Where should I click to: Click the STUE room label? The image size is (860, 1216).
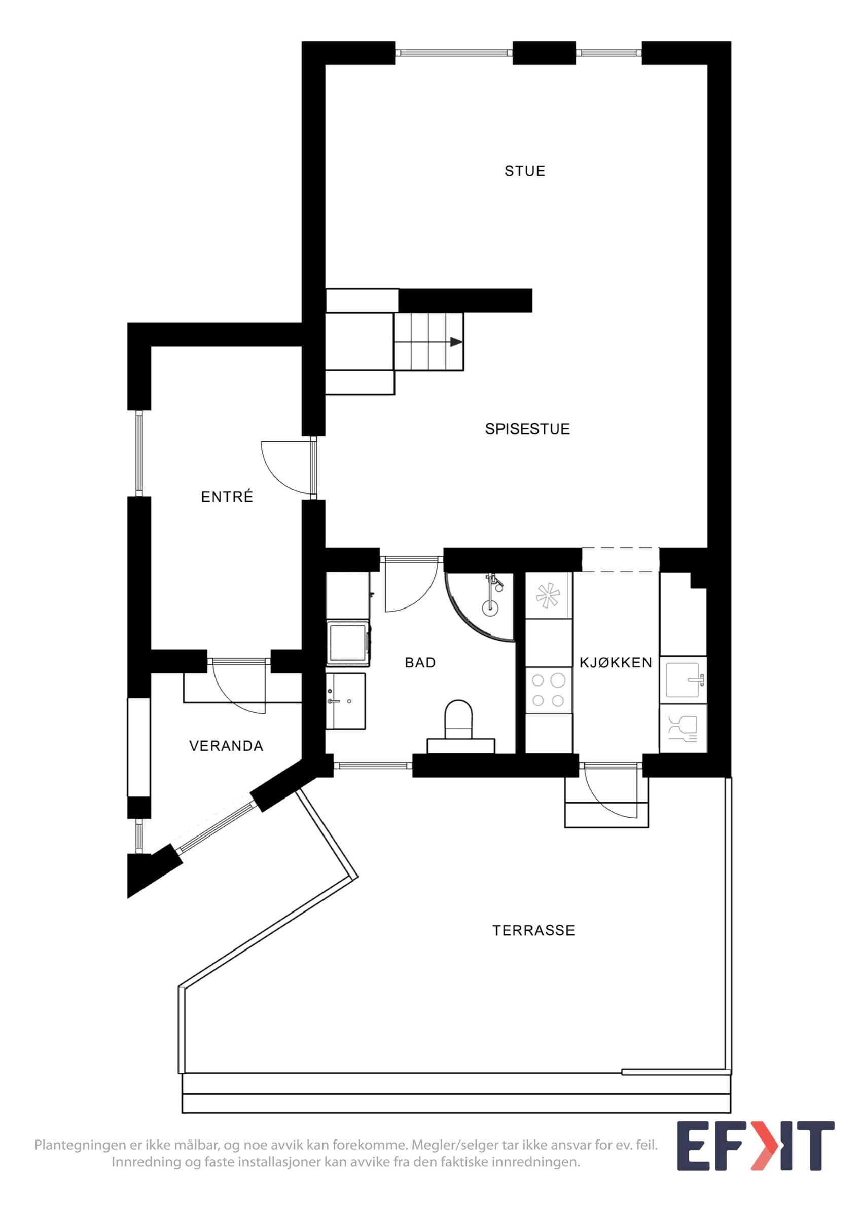tap(525, 171)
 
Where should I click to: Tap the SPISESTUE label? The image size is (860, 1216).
tap(527, 429)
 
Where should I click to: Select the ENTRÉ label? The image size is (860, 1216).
tap(227, 496)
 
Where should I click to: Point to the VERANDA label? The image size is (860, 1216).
tap(226, 746)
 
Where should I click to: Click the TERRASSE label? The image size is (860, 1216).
tap(533, 931)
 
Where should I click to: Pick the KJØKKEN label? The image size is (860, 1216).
tap(616, 663)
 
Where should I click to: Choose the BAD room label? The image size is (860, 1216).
tap(420, 663)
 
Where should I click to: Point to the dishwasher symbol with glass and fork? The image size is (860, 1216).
tap(683, 728)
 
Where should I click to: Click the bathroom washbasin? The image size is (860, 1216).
tap(345, 701)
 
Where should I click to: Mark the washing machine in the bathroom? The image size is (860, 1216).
tap(348, 643)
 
